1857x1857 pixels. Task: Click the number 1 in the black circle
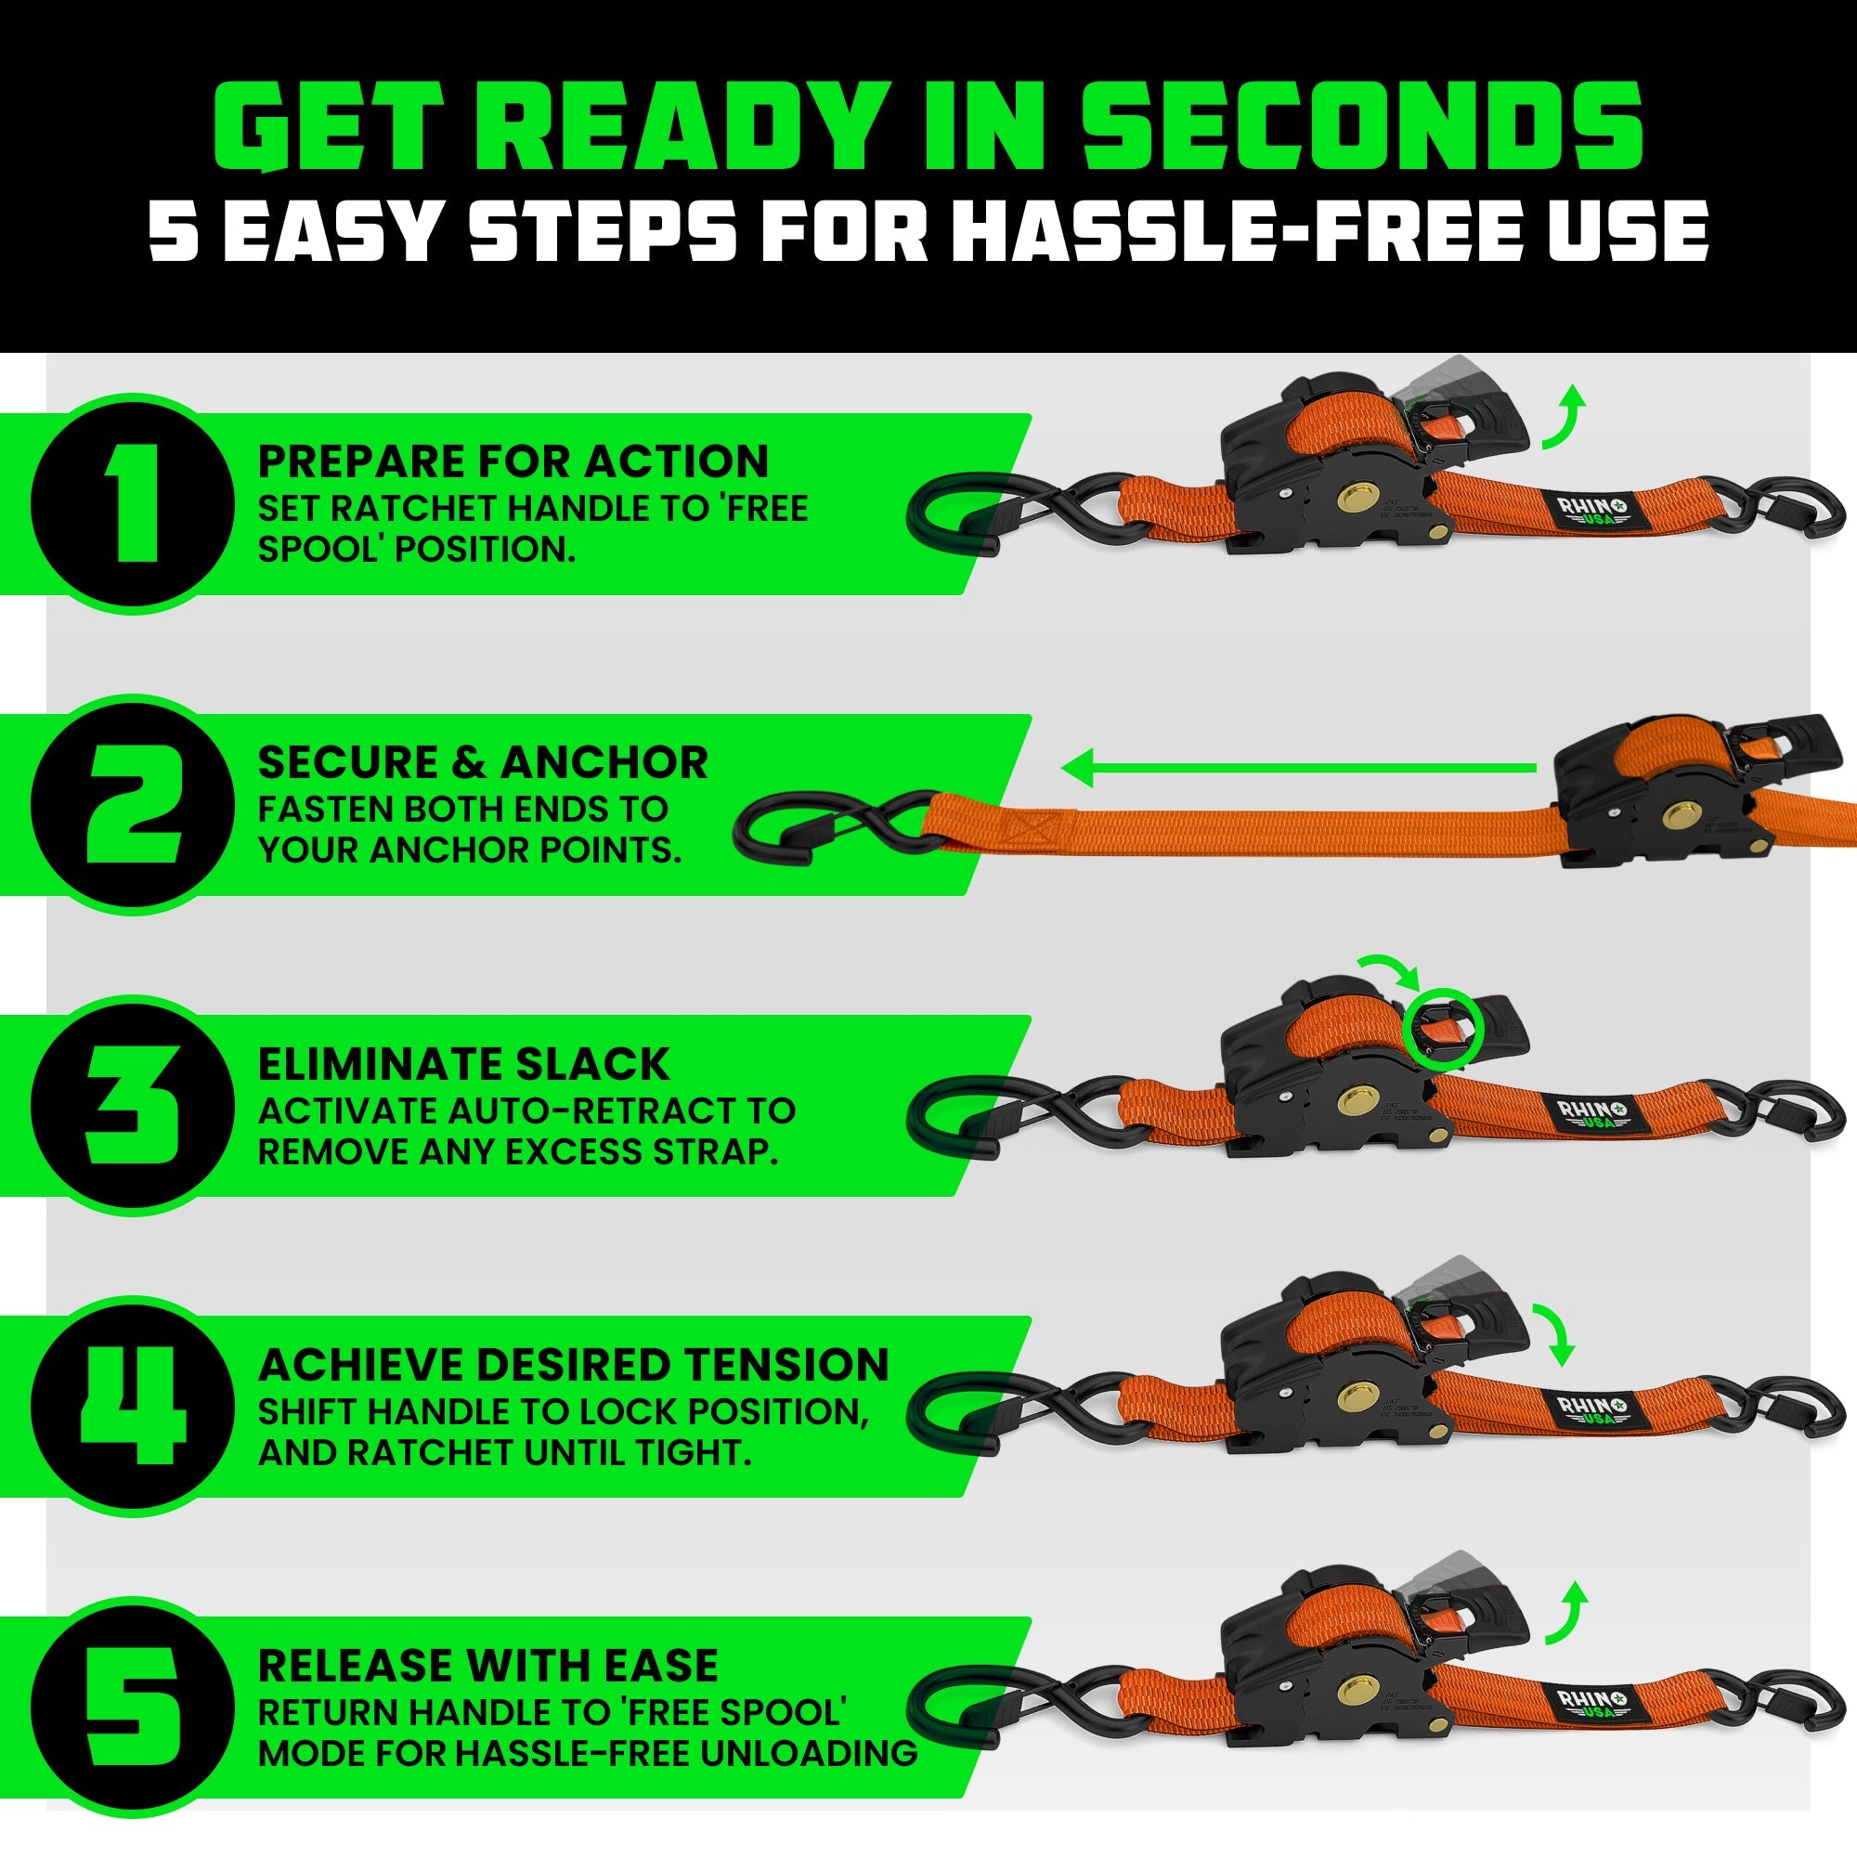tap(132, 503)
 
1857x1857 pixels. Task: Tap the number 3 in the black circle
tap(132, 1105)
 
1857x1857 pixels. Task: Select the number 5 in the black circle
tap(132, 1708)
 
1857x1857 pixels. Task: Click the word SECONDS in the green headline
tap(1362, 125)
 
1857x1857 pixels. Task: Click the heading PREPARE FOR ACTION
tap(513, 461)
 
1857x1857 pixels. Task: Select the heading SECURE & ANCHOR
tap(483, 762)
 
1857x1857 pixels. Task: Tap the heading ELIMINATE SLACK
tap(463, 1064)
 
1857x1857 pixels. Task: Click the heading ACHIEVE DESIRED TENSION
tap(573, 1365)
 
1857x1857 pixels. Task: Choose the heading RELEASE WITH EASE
tap(487, 1666)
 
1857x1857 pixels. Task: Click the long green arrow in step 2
tap(1298, 768)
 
